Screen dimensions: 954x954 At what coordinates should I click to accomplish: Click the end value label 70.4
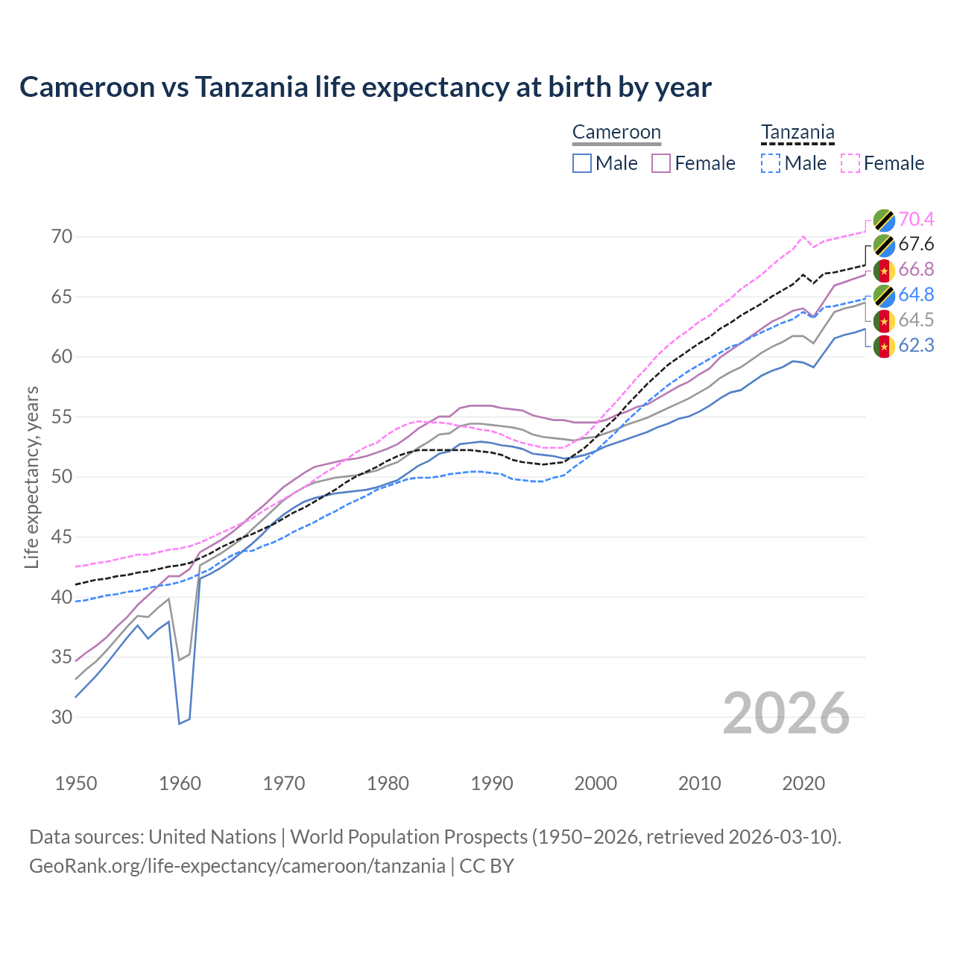[916, 219]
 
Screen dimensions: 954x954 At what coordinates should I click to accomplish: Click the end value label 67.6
[916, 244]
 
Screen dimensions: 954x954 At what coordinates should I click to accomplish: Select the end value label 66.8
[916, 269]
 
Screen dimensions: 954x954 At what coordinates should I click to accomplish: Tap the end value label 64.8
[916, 294]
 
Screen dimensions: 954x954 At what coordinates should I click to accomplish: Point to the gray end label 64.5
[916, 320]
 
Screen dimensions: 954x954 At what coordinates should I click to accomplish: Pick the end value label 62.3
[916, 345]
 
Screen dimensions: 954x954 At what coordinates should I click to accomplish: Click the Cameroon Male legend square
[582, 163]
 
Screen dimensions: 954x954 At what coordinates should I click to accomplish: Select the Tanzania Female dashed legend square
[850, 163]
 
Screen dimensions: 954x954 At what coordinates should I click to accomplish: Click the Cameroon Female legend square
[661, 163]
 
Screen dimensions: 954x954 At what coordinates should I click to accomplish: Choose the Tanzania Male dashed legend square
[771, 163]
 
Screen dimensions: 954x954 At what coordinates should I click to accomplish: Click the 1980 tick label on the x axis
[388, 783]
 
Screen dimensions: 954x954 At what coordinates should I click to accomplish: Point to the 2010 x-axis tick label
[699, 783]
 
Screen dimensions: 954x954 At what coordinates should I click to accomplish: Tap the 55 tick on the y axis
[62, 417]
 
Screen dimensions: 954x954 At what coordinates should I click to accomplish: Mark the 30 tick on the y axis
[62, 717]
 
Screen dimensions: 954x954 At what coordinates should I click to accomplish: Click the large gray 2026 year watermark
[786, 713]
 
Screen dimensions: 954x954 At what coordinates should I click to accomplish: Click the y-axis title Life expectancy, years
[31, 477]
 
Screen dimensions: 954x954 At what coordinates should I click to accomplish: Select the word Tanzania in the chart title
[251, 87]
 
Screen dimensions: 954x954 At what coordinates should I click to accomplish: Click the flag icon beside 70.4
[883, 220]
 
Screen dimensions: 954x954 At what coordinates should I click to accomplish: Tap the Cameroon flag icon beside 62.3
[883, 346]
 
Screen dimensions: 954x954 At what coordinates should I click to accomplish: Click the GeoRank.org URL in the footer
[237, 866]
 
